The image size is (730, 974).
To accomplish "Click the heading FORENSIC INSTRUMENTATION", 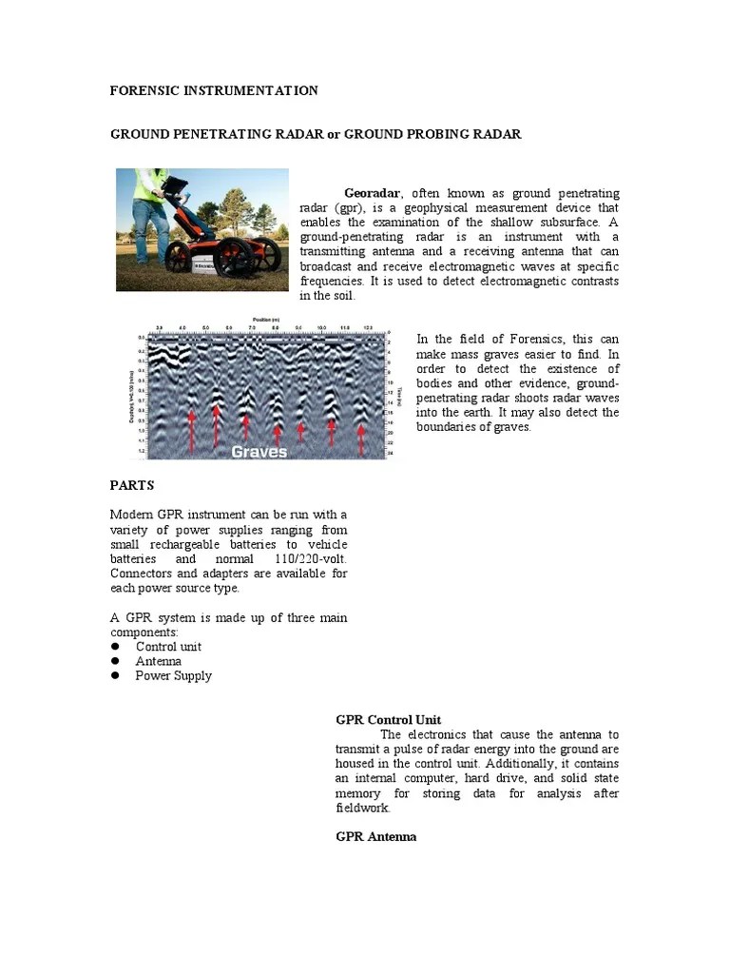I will tap(214, 90).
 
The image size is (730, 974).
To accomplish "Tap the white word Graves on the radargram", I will tap(259, 452).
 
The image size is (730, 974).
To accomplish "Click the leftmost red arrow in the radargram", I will tap(191, 429).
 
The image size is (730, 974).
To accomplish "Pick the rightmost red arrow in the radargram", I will tap(360, 437).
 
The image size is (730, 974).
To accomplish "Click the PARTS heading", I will tap(132, 485).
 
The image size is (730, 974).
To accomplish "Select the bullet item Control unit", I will tap(168, 647).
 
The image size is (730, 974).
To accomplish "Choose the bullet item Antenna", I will tap(158, 661).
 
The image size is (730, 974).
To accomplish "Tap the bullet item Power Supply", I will tap(173, 675).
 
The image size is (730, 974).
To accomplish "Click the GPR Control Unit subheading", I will tap(388, 720).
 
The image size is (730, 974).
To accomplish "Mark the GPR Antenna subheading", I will tap(375, 837).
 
